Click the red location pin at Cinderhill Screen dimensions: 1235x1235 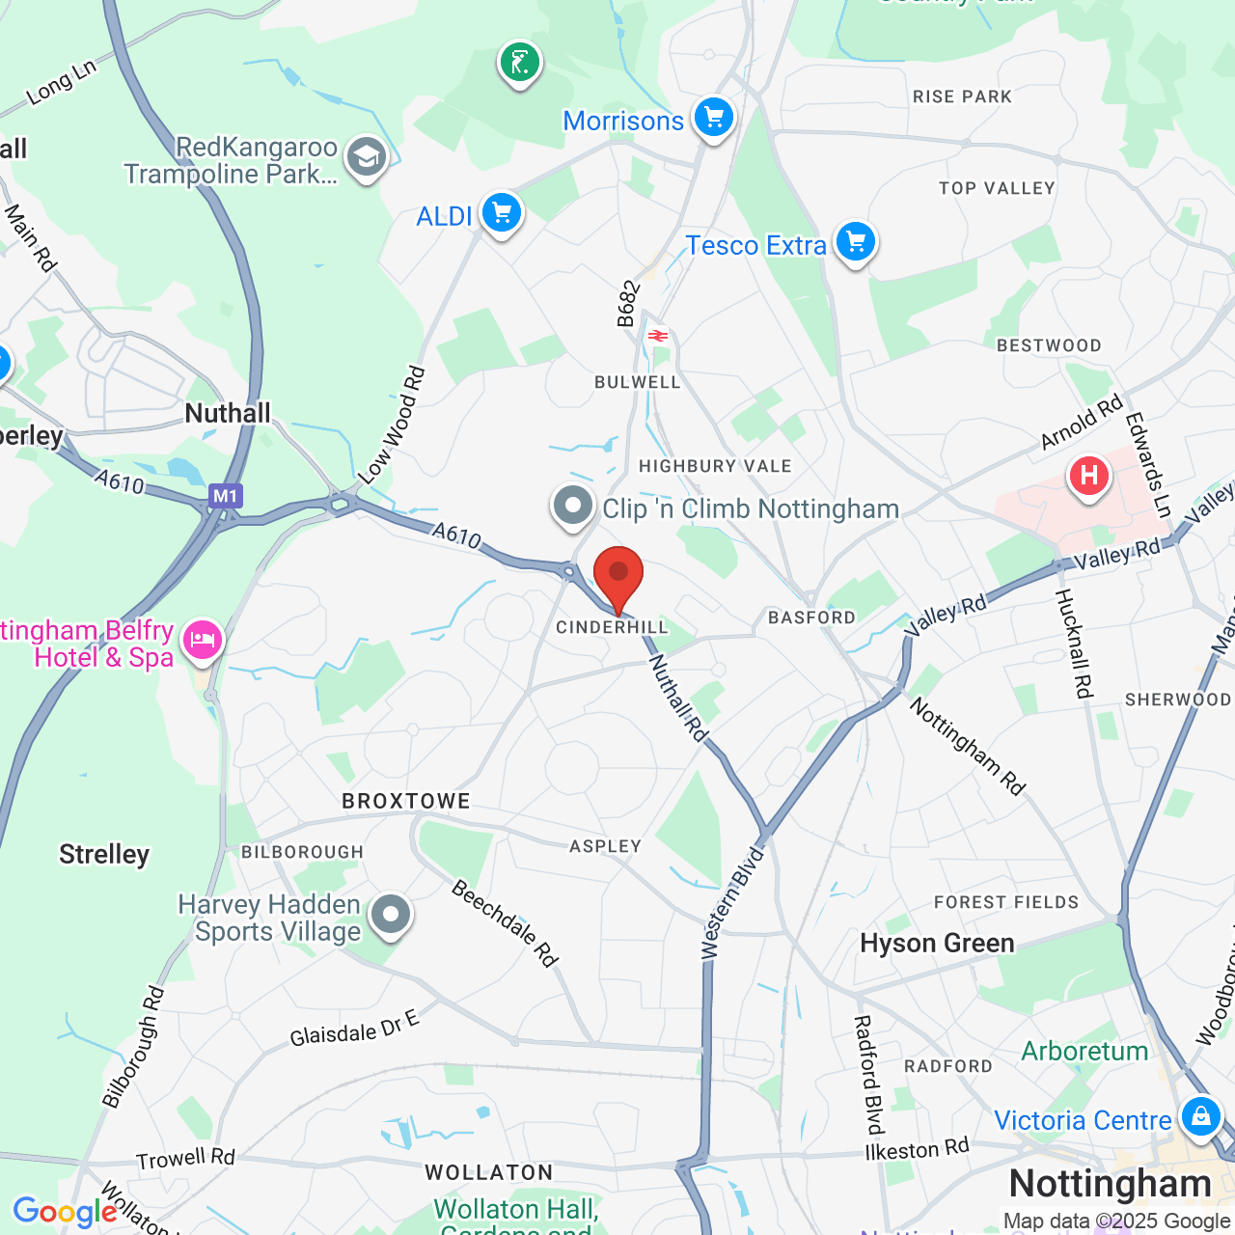(618, 576)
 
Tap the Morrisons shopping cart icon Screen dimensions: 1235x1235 (714, 119)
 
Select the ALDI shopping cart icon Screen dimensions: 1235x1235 (502, 213)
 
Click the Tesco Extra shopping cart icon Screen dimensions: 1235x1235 (856, 241)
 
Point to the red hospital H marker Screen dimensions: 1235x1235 (1089, 476)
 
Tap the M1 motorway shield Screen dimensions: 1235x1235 (225, 497)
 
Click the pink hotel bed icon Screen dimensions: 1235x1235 (202, 640)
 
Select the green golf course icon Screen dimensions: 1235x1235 (520, 64)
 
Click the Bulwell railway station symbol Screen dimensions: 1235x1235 (658, 336)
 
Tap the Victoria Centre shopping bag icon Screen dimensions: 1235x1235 (1200, 1116)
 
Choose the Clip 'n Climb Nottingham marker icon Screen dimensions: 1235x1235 (573, 506)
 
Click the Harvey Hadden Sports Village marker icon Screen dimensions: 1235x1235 (391, 914)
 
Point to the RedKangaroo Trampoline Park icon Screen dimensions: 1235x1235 (367, 157)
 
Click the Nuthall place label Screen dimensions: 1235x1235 (228, 414)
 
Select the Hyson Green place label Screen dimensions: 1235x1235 (937, 944)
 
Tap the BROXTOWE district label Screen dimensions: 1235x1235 (406, 801)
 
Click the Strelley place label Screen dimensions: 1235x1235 (104, 855)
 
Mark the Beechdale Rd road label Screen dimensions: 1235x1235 (505, 923)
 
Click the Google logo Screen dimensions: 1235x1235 (66, 1212)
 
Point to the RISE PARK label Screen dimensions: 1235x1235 (962, 96)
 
